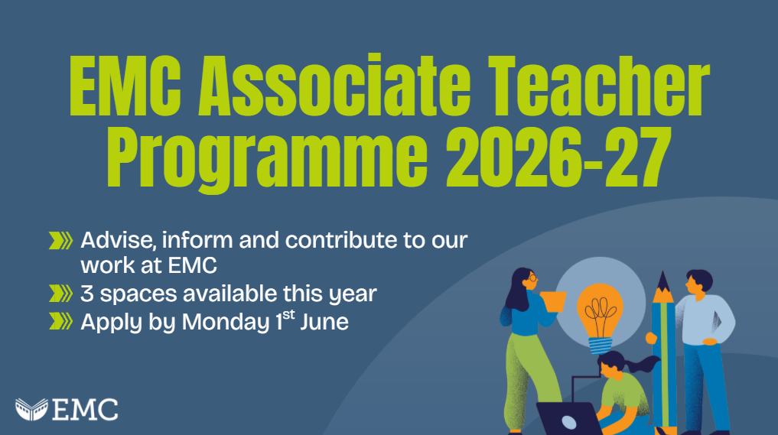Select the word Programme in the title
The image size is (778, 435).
coord(267,156)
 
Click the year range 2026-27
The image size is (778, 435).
coord(558,154)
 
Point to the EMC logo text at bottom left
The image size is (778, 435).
coord(85,410)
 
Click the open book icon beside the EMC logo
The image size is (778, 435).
coord(32,410)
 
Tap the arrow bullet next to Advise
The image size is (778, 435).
coord(60,241)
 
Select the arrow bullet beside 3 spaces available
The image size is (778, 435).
coord(60,294)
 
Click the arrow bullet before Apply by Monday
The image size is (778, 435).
coord(60,321)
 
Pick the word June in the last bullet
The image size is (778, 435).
coord(324,322)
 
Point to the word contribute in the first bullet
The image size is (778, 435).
coord(341,240)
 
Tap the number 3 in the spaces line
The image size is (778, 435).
coord(87,294)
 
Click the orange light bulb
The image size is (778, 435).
coord(600,317)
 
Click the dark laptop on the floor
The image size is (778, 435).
coord(569,419)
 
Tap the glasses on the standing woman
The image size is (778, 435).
coord(531,278)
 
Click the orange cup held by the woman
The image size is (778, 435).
coord(553,301)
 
